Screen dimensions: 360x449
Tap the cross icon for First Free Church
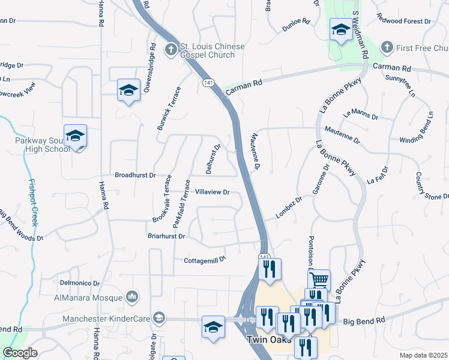coord(387,47)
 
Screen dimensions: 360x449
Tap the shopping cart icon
coord(319,279)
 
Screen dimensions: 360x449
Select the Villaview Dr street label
coord(213,193)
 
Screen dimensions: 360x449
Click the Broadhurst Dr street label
coord(136,176)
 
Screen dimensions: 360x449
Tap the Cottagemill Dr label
coord(205,260)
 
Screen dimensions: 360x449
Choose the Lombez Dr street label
coord(289,208)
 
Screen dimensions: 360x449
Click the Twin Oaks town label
coord(269,340)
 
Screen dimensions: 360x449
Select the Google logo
coord(20,353)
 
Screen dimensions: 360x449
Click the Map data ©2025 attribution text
coord(423,355)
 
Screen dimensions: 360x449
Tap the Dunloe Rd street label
coord(298,22)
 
